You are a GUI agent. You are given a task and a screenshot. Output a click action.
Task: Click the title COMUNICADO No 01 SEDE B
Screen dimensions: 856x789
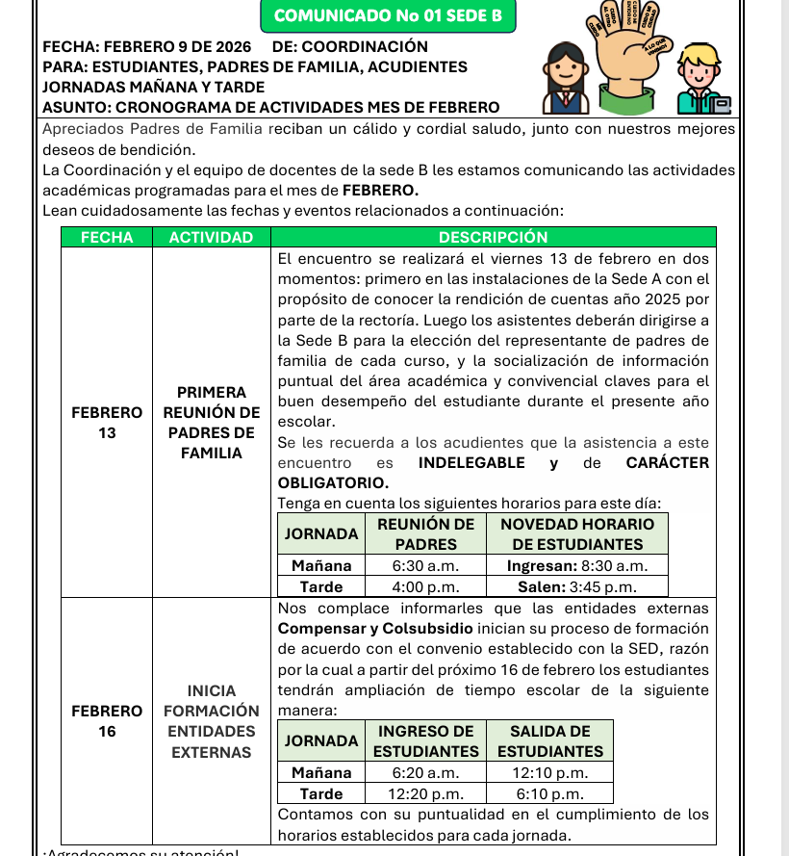pyautogui.click(x=388, y=15)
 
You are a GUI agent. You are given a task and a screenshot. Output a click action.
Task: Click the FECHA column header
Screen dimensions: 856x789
pyautogui.click(x=107, y=237)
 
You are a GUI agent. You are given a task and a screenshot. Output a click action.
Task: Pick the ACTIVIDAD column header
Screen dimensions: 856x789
pyautogui.click(x=211, y=237)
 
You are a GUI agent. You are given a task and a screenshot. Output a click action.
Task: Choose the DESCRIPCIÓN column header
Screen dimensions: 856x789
pyautogui.click(x=493, y=237)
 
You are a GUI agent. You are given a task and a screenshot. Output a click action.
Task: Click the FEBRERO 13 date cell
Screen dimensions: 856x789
pyautogui.click(x=107, y=423)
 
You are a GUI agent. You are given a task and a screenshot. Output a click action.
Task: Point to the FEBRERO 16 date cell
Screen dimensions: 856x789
pyautogui.click(x=107, y=721)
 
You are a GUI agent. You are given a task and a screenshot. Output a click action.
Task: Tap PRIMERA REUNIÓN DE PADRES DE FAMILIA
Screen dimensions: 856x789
pyautogui.click(x=211, y=423)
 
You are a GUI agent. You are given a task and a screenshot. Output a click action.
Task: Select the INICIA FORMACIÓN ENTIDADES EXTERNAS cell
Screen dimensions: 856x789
pyautogui.click(x=211, y=721)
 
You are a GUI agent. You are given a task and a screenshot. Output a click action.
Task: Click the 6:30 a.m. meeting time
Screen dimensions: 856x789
pyautogui.click(x=425, y=566)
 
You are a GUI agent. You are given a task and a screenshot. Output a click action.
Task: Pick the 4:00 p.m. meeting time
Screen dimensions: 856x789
pyautogui.click(x=425, y=586)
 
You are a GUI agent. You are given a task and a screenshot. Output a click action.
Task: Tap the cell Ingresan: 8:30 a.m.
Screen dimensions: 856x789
pyautogui.click(x=576, y=566)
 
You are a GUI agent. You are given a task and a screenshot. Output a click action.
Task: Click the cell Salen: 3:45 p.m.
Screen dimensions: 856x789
pyautogui.click(x=576, y=586)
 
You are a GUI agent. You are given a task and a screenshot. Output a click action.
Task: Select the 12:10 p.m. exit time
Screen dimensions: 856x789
pyautogui.click(x=549, y=772)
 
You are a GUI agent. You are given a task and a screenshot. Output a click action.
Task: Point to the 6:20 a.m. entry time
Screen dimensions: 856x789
pyautogui.click(x=425, y=772)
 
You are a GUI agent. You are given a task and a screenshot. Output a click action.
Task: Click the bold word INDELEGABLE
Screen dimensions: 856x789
pyautogui.click(x=471, y=463)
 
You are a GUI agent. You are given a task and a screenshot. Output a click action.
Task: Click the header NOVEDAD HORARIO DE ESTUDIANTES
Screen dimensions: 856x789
pyautogui.click(x=576, y=533)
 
